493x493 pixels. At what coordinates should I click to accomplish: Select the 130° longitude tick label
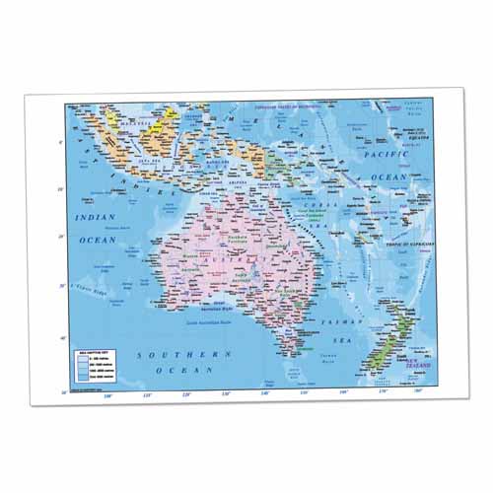pos(226,394)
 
